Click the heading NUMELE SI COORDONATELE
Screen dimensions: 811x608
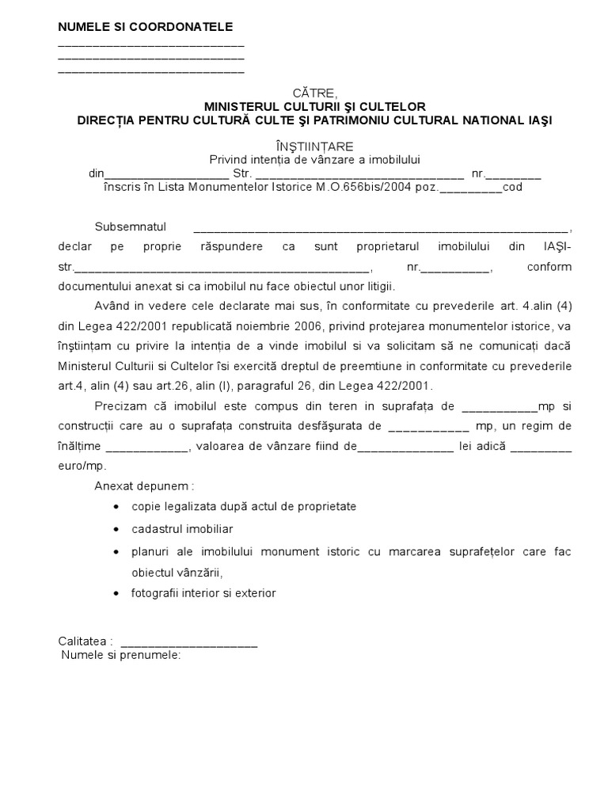(146, 27)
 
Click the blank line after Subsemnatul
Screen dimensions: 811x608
(380, 227)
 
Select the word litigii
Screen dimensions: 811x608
(377, 286)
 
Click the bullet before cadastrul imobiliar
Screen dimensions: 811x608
(117, 528)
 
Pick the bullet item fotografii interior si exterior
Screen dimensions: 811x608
(203, 593)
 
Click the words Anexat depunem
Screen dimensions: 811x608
(144, 485)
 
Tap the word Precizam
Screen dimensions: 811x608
(120, 406)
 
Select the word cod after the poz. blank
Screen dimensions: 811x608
(513, 188)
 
